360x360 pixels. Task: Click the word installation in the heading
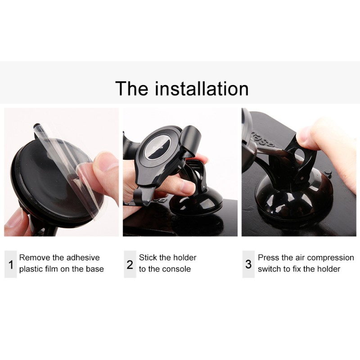click(x=202, y=89)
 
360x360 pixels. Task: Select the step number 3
click(x=248, y=264)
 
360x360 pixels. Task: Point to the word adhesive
click(x=83, y=258)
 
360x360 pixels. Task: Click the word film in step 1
click(x=57, y=269)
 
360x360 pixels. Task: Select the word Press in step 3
click(x=269, y=258)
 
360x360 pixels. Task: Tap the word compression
click(x=331, y=258)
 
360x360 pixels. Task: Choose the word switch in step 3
click(x=269, y=269)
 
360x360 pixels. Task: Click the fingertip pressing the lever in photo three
click(x=306, y=135)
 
